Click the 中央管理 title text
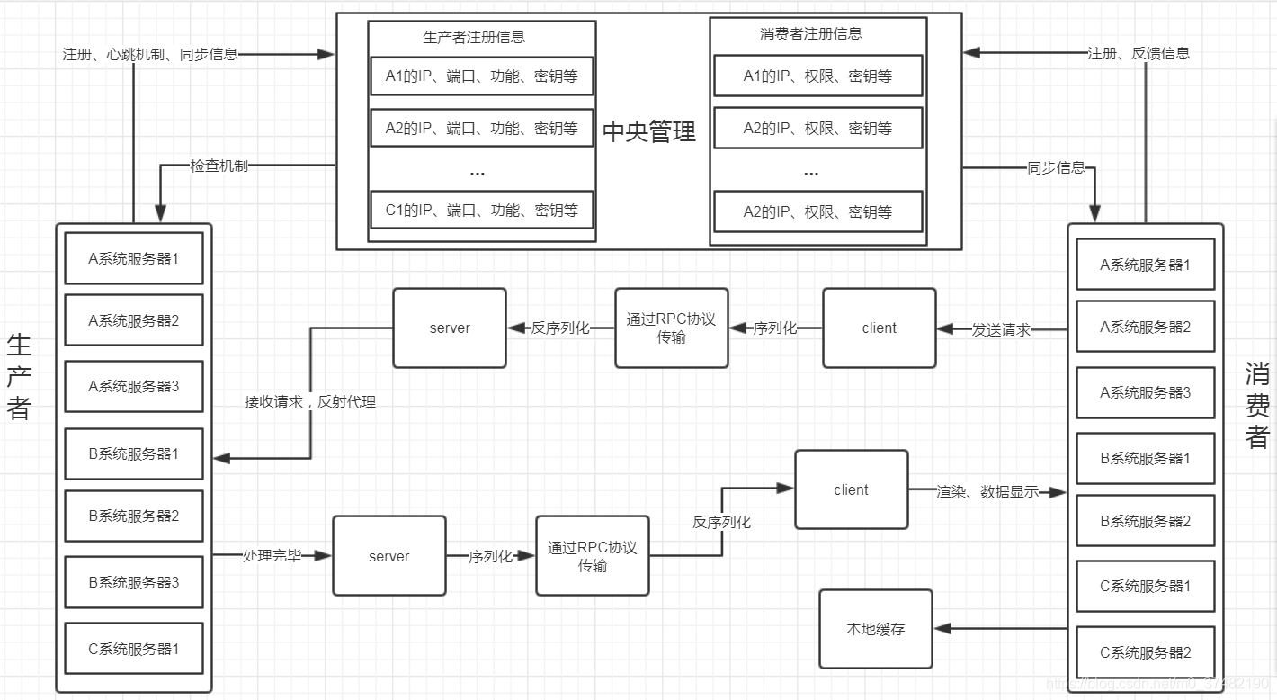pyautogui.click(x=648, y=132)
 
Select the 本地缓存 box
pyautogui.click(x=875, y=629)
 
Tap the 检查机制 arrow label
pyautogui.click(x=219, y=166)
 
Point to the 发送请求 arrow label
pyautogui.click(x=1001, y=329)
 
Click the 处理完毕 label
pyautogui.click(x=272, y=556)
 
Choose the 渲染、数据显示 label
pyautogui.click(x=987, y=492)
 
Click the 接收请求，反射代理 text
pyautogui.click(x=309, y=402)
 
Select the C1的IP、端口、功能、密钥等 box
pyautogui.click(x=482, y=211)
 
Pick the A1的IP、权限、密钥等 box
pyautogui.click(x=817, y=76)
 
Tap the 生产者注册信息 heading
pyautogui.click(x=474, y=38)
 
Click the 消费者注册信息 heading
pyautogui.click(x=811, y=34)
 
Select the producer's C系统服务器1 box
pyautogui.click(x=134, y=649)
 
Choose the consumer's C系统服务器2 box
pyautogui.click(x=1145, y=652)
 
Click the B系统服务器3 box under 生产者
pyautogui.click(x=134, y=582)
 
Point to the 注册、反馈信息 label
pyautogui.click(x=1139, y=53)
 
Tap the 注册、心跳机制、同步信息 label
pyautogui.click(x=150, y=54)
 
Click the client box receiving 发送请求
pyautogui.click(x=879, y=328)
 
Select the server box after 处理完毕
pyautogui.click(x=388, y=556)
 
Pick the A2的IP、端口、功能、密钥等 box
pyautogui.click(x=482, y=128)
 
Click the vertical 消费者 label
pyautogui.click(x=1257, y=405)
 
